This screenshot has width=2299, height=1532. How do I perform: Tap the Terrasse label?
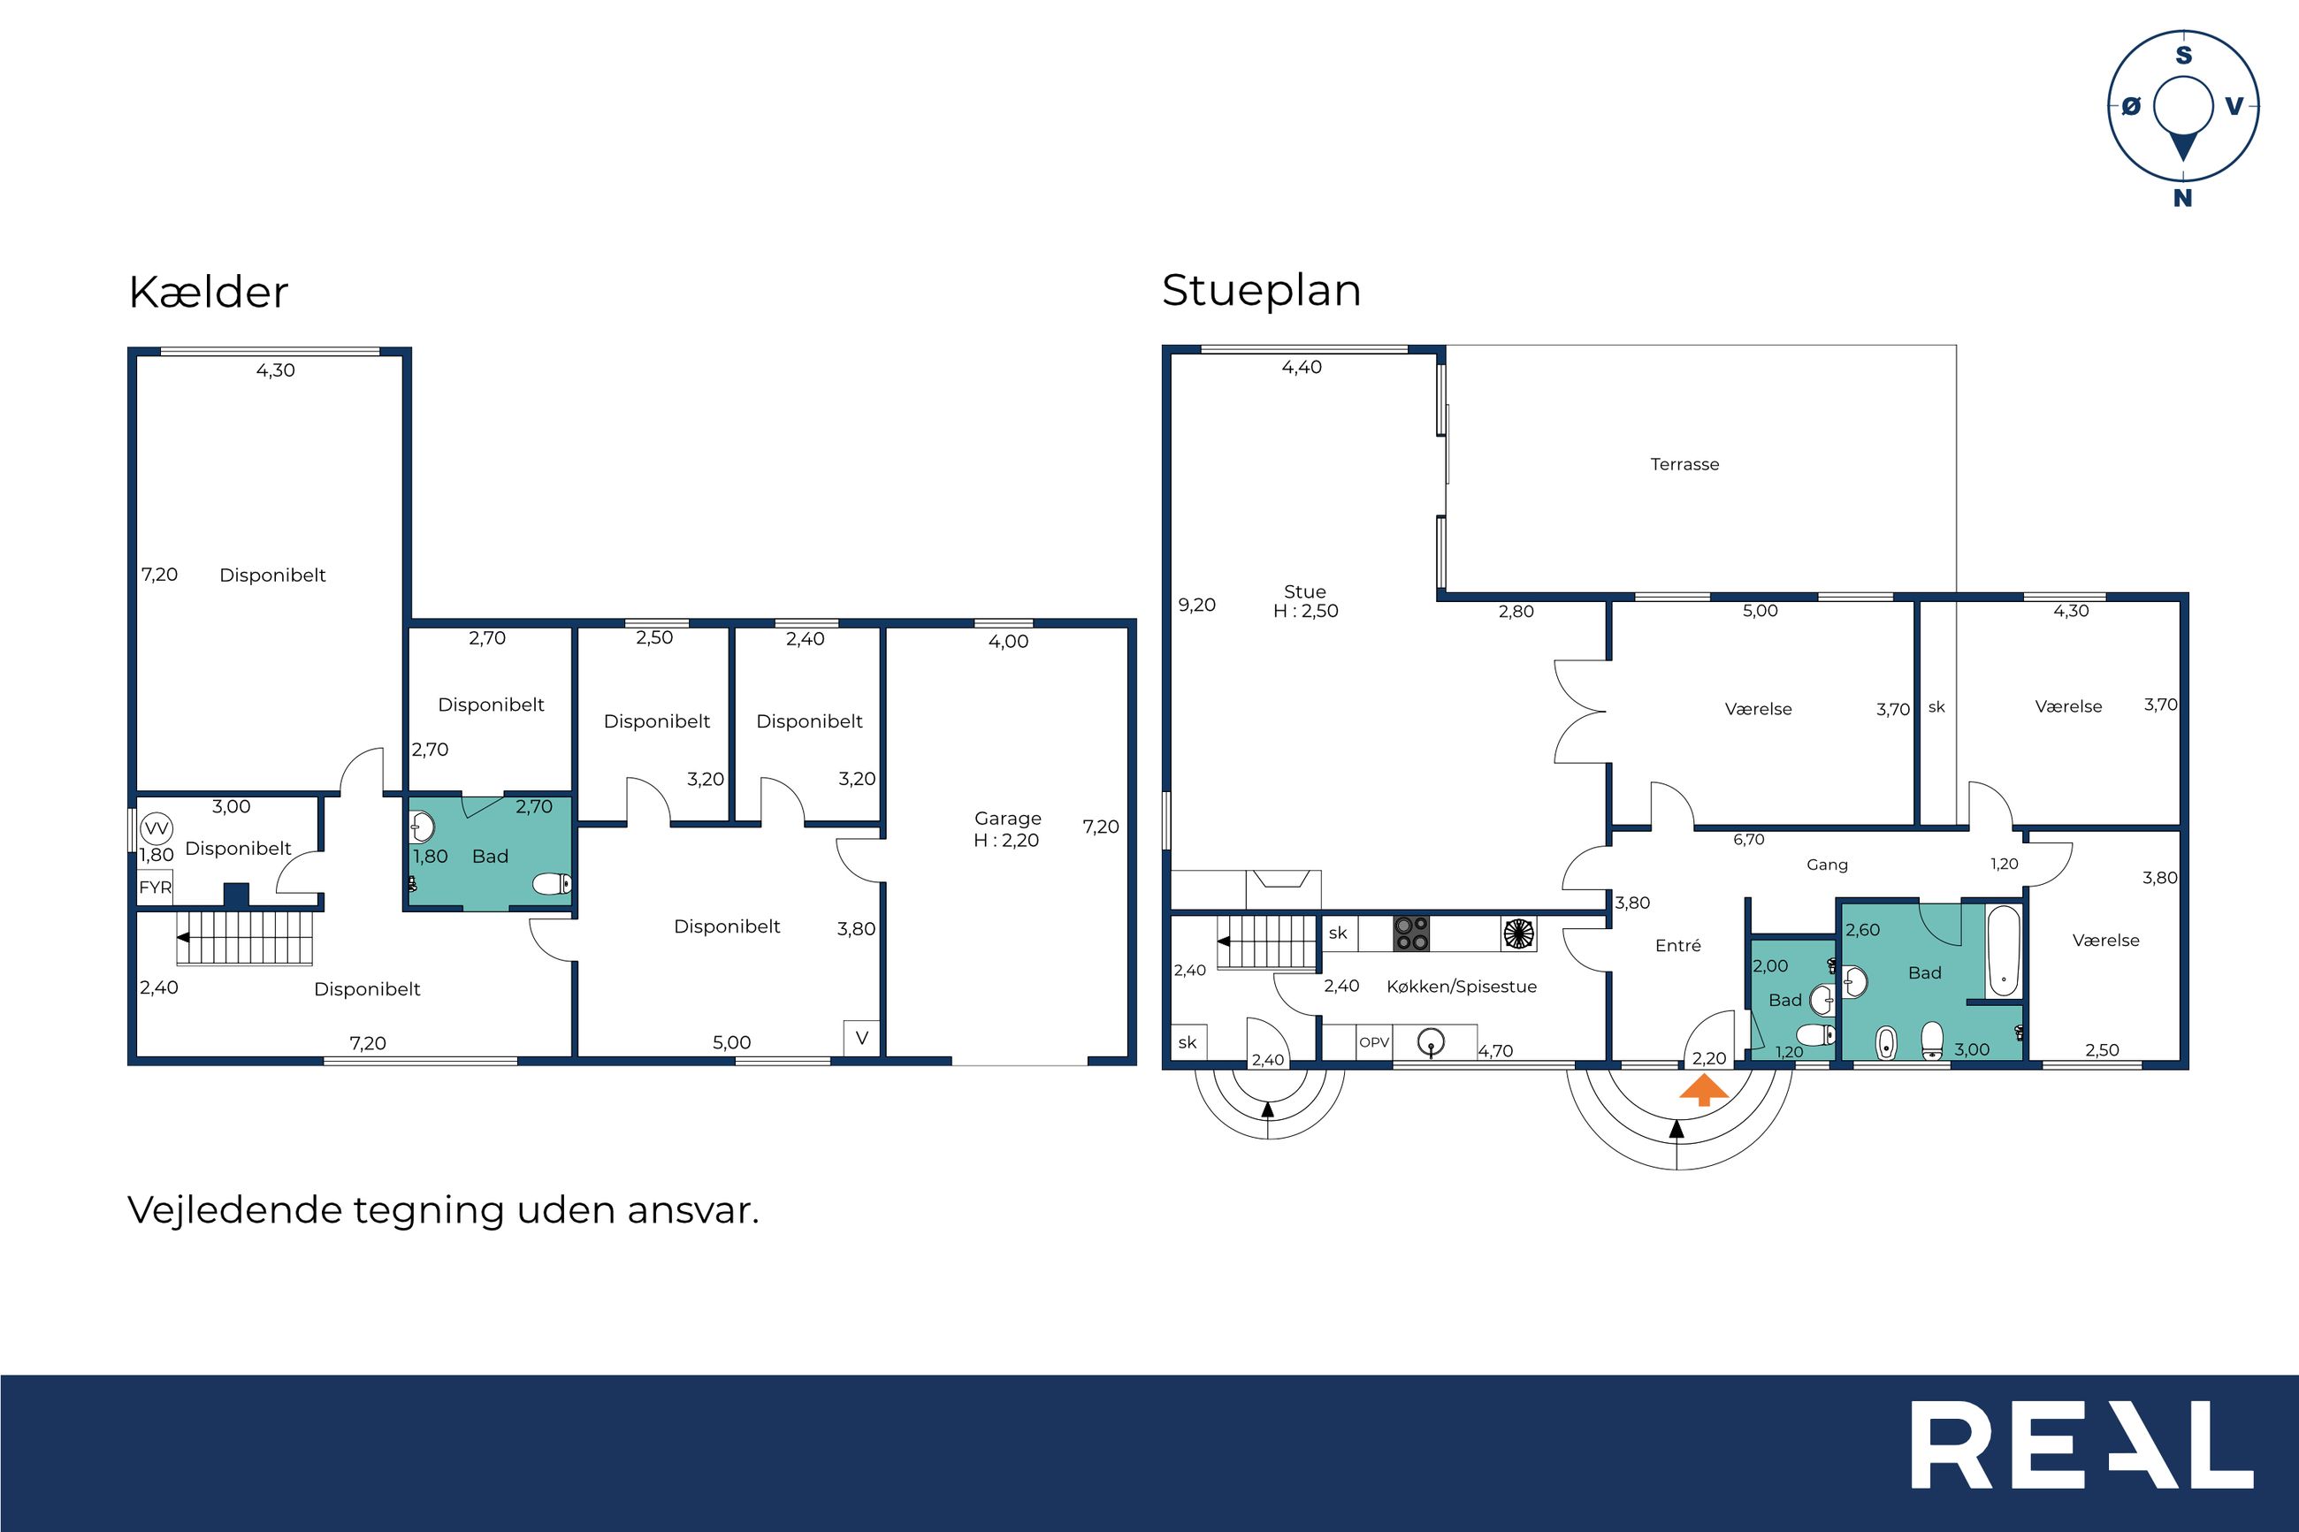click(1684, 465)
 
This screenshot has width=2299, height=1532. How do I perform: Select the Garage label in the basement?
click(1007, 819)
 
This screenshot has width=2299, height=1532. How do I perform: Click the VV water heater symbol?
click(157, 828)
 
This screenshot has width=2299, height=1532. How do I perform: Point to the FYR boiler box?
click(155, 888)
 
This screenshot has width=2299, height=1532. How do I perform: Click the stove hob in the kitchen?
click(1411, 933)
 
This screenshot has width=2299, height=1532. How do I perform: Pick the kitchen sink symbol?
click(1432, 1043)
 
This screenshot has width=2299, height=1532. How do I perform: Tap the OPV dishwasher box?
click(1374, 1042)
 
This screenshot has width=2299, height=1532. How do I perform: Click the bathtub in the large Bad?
click(2003, 950)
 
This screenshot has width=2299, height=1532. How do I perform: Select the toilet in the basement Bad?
click(552, 884)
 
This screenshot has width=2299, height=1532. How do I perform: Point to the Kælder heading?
click(208, 292)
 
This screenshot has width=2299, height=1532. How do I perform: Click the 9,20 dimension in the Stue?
click(1197, 605)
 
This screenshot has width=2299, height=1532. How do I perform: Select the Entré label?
click(1677, 946)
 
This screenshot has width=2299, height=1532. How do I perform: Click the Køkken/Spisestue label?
click(1462, 987)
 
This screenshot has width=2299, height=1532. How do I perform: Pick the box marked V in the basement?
click(862, 1038)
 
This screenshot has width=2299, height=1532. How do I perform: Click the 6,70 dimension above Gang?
click(1749, 839)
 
